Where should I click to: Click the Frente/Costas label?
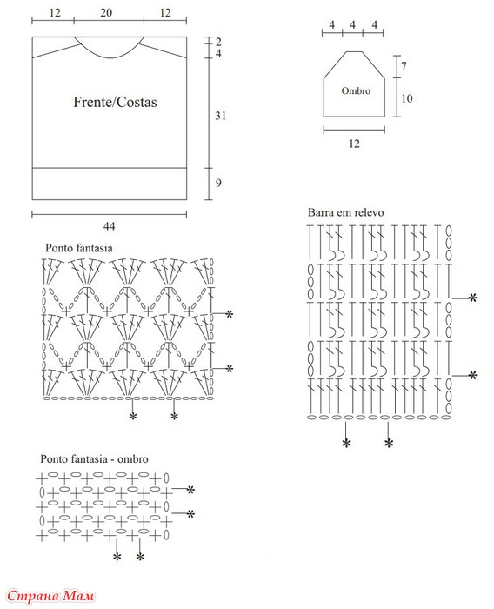(x=115, y=102)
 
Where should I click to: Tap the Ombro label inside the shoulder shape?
(x=356, y=90)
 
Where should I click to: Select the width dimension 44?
(x=109, y=226)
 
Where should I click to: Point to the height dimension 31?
(x=221, y=116)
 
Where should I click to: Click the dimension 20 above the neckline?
(x=106, y=13)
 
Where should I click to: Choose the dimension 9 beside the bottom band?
(x=218, y=183)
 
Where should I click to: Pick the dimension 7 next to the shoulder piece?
(x=404, y=66)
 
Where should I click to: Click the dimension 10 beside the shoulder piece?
(x=407, y=98)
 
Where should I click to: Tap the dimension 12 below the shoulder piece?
(x=354, y=144)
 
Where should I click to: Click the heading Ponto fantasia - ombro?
(x=95, y=459)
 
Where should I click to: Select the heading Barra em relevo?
(x=345, y=212)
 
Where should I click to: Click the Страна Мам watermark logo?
(x=50, y=595)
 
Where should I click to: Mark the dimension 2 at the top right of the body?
(x=218, y=42)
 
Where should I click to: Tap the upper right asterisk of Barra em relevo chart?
(x=472, y=298)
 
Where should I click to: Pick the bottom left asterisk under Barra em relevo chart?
(x=346, y=443)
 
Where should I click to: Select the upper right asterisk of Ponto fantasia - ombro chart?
(x=190, y=490)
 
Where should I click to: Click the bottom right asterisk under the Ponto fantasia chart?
(x=174, y=417)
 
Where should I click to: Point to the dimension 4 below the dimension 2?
(x=218, y=53)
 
